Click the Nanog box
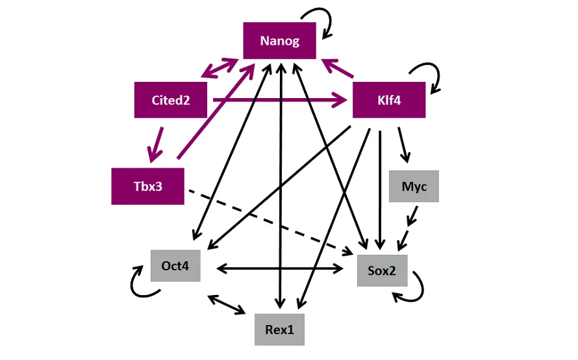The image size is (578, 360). (279, 41)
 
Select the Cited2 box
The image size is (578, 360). (171, 100)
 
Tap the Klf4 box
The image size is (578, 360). (388, 100)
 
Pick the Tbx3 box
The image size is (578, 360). (147, 186)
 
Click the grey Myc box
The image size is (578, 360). (414, 186)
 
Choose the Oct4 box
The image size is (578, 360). (175, 266)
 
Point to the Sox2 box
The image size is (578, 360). (382, 270)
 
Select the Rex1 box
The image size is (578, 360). (279, 329)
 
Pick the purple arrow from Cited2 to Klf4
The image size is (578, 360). (279, 100)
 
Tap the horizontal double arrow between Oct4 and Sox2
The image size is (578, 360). (279, 267)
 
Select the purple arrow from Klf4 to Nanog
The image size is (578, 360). (338, 66)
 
